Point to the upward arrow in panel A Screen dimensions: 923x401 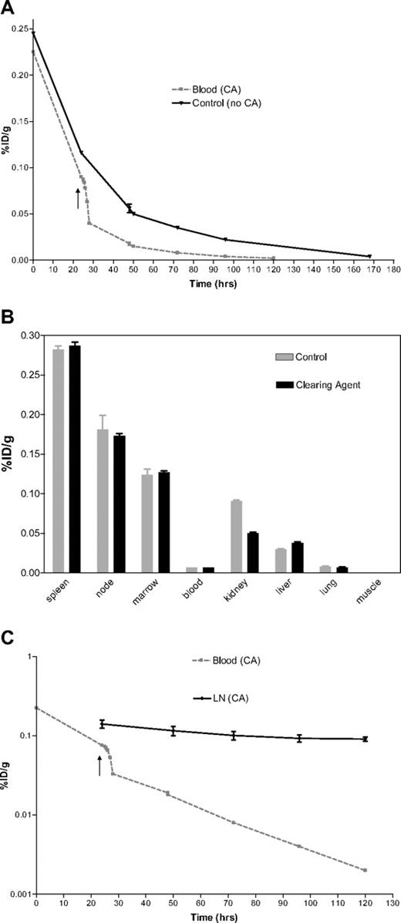coord(78,197)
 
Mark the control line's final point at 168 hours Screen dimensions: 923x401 coord(369,256)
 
